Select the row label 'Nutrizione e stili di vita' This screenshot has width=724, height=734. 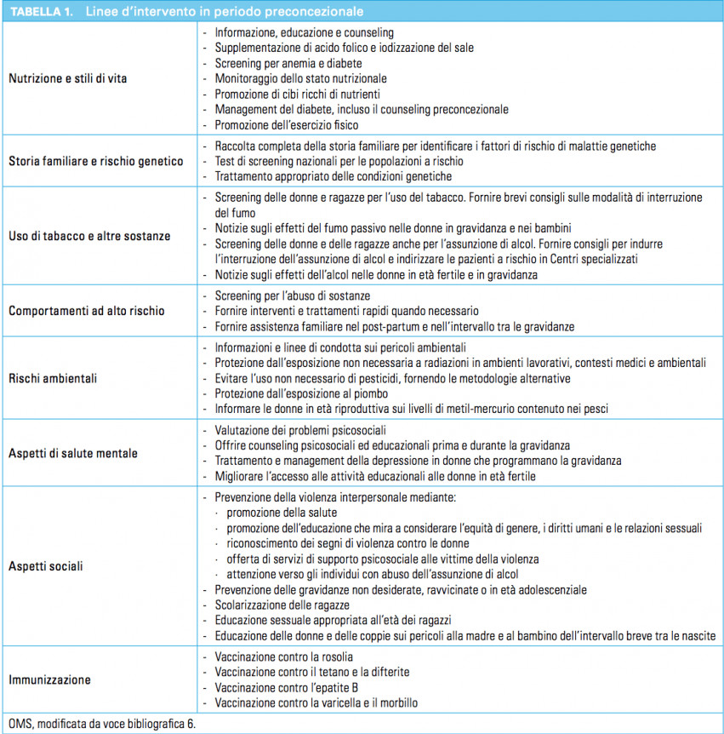pyautogui.click(x=68, y=79)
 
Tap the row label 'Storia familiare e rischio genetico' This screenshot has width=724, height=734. pyautogui.click(x=95, y=161)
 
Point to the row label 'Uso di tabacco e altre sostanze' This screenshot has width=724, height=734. pyautogui.click(x=89, y=236)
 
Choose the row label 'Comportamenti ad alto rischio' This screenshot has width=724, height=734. pyautogui.click(x=86, y=311)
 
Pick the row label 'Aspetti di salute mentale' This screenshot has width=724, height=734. pyautogui.click(x=72, y=453)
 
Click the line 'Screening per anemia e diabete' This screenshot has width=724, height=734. pyautogui.click(x=288, y=64)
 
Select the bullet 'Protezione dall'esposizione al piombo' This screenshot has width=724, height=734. pyautogui.click(x=301, y=393)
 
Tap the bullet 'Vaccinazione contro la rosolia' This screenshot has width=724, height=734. pyautogui.click(x=283, y=657)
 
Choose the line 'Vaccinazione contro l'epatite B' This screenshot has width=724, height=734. pyautogui.click(x=285, y=688)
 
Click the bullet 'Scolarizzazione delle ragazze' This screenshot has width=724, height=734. pyautogui.click(x=282, y=605)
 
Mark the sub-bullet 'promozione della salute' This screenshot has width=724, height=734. pyautogui.click(x=281, y=513)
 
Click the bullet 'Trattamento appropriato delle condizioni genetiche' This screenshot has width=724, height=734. pyautogui.click(x=333, y=176)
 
